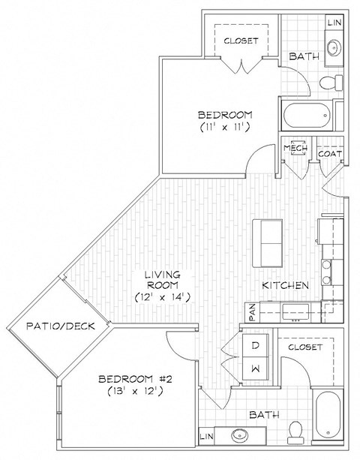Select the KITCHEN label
[x=286, y=286]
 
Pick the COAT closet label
[x=330, y=154]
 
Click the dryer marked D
[x=254, y=346]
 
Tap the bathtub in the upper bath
[x=307, y=116]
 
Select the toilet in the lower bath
[x=295, y=429]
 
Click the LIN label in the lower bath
[x=206, y=435]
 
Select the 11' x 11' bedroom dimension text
[x=224, y=128]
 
